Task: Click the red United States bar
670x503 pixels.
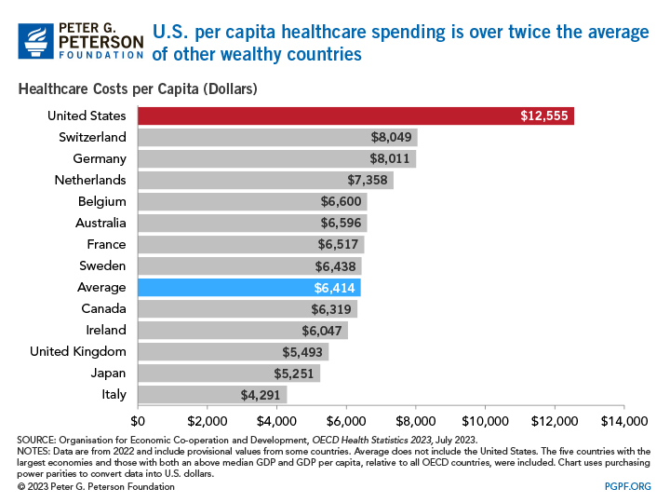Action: pos(355,116)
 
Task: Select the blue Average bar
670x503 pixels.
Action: pos(249,288)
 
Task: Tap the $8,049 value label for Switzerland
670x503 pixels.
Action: pos(392,138)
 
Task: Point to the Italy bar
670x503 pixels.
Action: pos(212,395)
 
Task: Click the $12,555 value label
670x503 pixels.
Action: pos(544,116)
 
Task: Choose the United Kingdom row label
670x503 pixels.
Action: pos(77,351)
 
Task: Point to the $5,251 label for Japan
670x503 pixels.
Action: pos(294,374)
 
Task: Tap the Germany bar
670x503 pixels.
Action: pos(276,158)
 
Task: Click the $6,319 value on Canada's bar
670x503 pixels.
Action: pos(331,309)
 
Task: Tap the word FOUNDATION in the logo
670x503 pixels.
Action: pos(100,54)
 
